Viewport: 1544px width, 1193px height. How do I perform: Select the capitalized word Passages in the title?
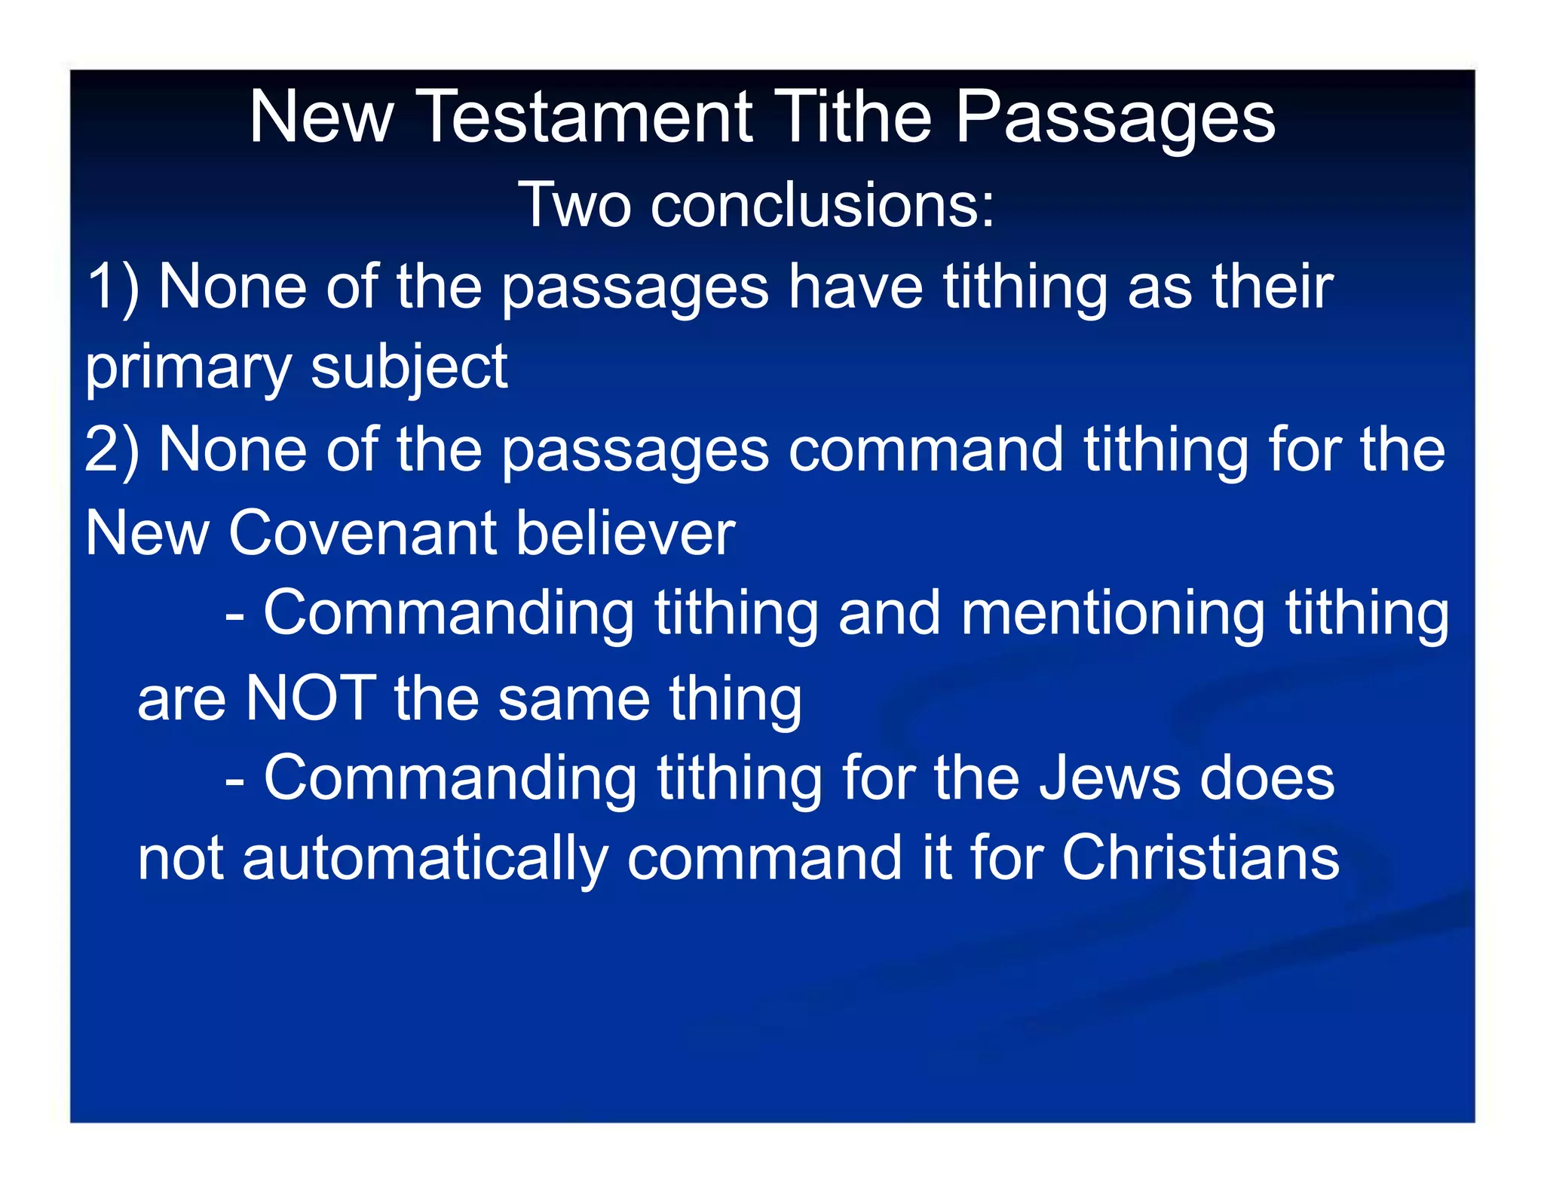pyautogui.click(x=1115, y=119)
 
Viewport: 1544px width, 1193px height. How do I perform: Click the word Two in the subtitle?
pyautogui.click(x=574, y=204)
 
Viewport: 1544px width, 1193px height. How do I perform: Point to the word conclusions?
pyautogui.click(x=823, y=204)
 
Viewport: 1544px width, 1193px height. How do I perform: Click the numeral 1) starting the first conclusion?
pyautogui.click(x=112, y=287)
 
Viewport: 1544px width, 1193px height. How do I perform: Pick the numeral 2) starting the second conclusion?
pyautogui.click(x=112, y=450)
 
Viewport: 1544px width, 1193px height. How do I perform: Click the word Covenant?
pyautogui.click(x=363, y=533)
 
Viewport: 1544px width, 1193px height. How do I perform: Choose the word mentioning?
pyautogui.click(x=1113, y=615)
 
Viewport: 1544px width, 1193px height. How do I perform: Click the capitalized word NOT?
pyautogui.click(x=311, y=698)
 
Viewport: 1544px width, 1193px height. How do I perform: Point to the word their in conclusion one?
pyautogui.click(x=1272, y=287)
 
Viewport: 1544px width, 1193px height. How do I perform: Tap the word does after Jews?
pyautogui.click(x=1267, y=778)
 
